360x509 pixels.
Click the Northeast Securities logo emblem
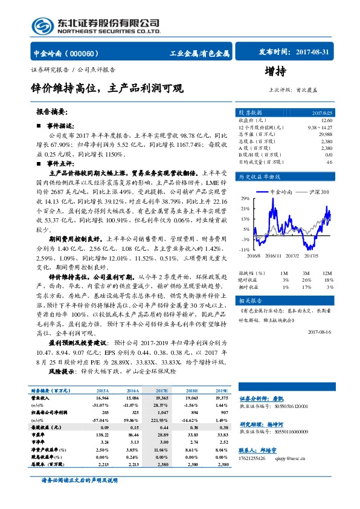[x=41, y=26]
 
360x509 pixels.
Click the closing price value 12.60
[x=326, y=121]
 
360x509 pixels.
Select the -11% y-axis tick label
[x=245, y=249]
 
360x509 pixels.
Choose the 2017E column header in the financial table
[x=162, y=391]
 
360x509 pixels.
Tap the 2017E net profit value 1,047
[x=162, y=412]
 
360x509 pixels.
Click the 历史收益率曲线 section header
[x=260, y=177]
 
